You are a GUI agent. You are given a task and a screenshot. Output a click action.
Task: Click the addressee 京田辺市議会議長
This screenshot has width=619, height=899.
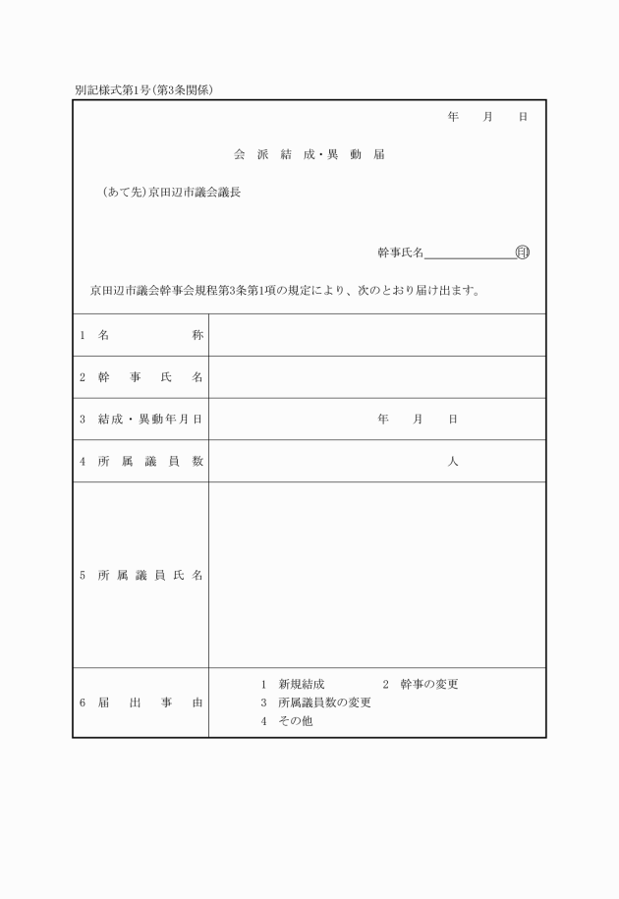(194, 193)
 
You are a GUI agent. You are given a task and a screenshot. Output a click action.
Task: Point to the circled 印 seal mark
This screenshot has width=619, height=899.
(522, 253)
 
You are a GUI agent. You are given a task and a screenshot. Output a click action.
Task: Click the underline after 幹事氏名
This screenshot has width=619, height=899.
(469, 257)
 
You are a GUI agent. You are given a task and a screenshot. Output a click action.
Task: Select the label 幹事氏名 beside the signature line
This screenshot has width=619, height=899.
(400, 253)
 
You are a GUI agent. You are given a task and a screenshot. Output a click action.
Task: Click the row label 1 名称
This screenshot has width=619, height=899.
(141, 335)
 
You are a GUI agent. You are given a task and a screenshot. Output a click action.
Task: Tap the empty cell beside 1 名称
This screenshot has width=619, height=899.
(377, 335)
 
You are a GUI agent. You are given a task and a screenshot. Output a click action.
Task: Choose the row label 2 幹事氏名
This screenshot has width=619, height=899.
(141, 377)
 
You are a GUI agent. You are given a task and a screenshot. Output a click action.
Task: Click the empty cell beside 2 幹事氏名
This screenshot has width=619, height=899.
(377, 377)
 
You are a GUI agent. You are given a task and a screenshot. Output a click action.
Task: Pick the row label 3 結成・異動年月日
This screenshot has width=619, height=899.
(141, 420)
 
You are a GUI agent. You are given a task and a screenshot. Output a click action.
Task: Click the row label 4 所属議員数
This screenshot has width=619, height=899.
(141, 462)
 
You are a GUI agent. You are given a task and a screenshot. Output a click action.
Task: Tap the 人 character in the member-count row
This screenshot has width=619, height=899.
(453, 462)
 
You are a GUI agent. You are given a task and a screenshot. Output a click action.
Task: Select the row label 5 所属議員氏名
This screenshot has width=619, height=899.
(141, 576)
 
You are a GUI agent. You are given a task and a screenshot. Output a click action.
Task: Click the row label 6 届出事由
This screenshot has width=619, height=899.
(141, 703)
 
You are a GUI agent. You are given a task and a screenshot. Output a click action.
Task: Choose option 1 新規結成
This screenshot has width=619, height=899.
(293, 684)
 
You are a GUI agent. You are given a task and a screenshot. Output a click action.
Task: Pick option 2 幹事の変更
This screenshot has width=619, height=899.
(421, 684)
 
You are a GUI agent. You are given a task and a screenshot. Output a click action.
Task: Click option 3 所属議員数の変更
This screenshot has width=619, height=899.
(315, 702)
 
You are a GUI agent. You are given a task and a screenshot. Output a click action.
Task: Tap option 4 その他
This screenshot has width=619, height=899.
(287, 721)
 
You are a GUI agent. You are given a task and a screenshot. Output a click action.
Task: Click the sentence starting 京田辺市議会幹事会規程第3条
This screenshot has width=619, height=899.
(284, 291)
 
